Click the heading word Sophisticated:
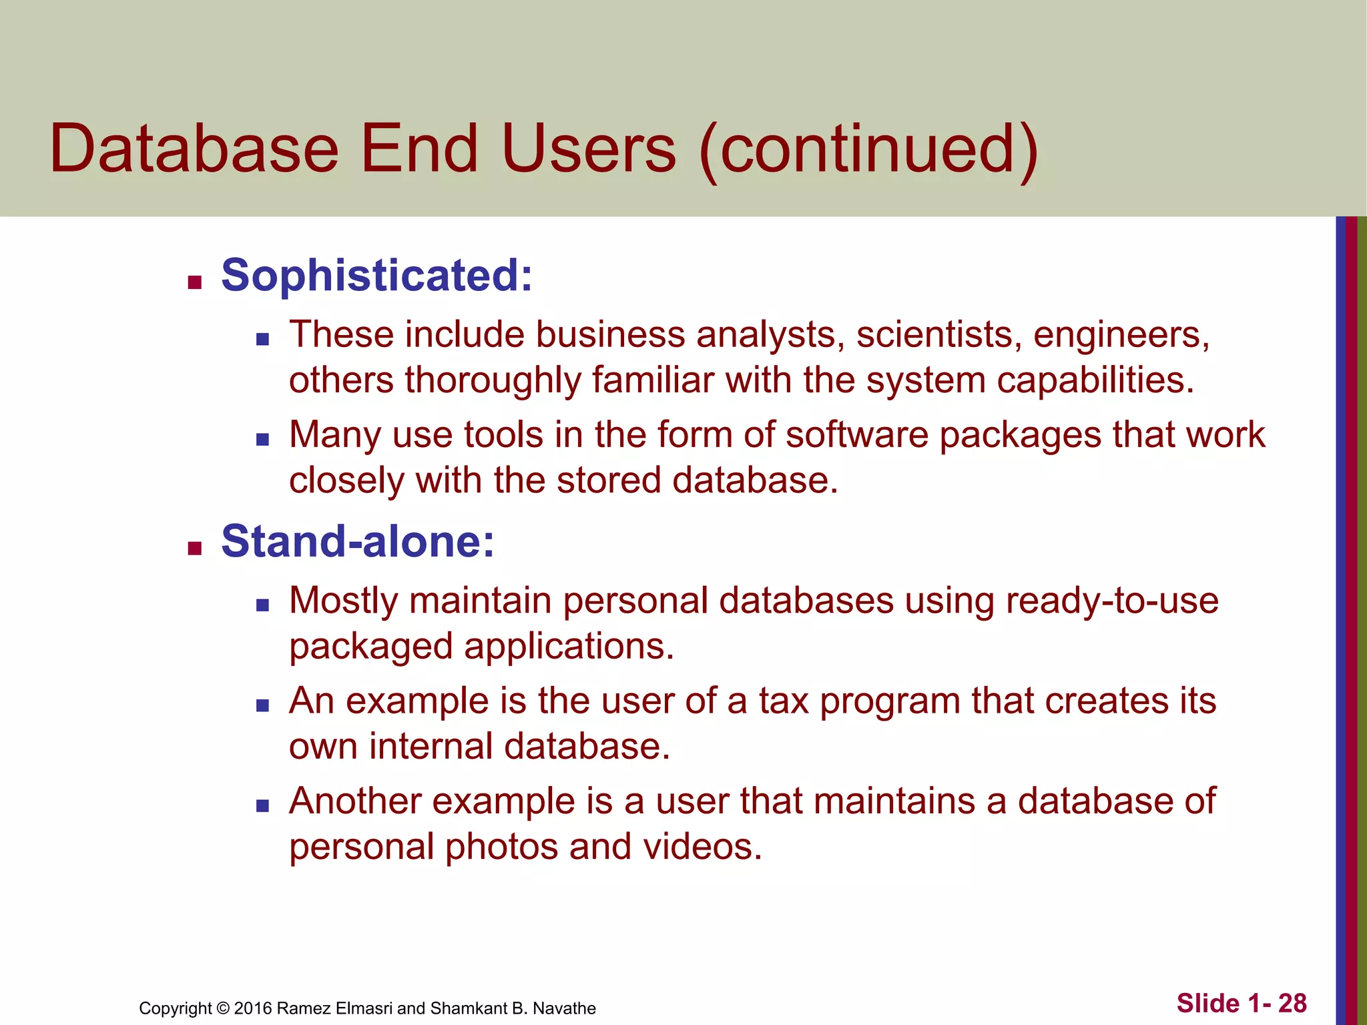tap(376, 275)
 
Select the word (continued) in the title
tap(868, 149)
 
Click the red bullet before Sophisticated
tap(195, 283)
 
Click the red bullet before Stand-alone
tap(195, 549)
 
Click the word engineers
tap(1121, 335)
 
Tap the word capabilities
tap(1095, 380)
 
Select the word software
tap(856, 434)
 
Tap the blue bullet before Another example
tap(262, 806)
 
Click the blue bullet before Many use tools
tap(262, 440)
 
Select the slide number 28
tap(1292, 1004)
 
